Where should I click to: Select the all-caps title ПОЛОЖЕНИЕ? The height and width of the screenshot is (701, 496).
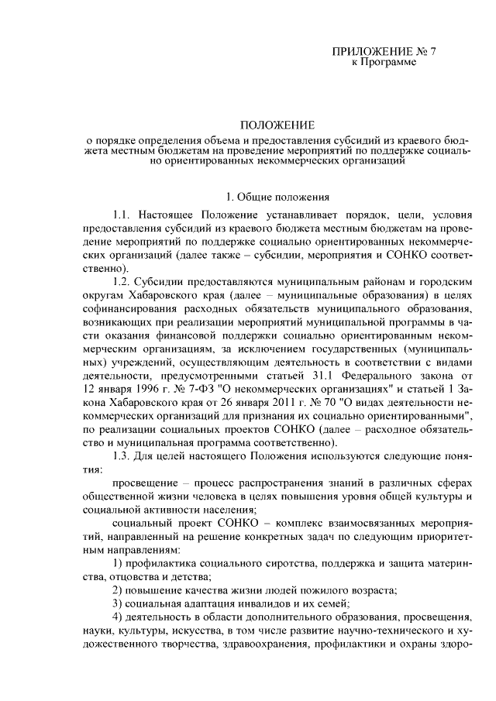[277, 124]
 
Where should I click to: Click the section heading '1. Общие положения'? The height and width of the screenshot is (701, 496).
[277, 197]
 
